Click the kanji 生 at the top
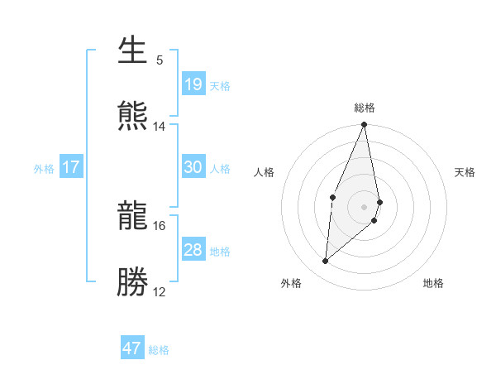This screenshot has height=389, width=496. click(x=133, y=51)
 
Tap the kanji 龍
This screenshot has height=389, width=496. click(x=133, y=217)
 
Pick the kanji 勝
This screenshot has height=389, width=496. click(x=133, y=282)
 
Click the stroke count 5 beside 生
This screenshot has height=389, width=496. click(x=160, y=60)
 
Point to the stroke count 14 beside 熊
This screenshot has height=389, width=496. click(x=160, y=127)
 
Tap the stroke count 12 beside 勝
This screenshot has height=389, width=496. click(x=160, y=292)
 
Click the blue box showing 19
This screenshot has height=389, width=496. click(x=193, y=84)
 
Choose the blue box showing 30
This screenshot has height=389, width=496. click(x=193, y=167)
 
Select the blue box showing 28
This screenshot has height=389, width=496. click(x=193, y=250)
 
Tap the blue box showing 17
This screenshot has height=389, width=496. click(x=71, y=167)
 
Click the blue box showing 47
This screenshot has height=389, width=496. click(x=132, y=348)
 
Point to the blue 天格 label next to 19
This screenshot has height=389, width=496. click(x=220, y=85)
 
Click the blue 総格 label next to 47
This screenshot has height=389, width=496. click(x=159, y=350)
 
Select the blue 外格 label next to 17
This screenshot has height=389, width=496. click(x=44, y=169)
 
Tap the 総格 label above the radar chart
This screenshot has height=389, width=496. click(x=365, y=108)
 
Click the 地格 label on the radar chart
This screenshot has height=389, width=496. click(x=433, y=283)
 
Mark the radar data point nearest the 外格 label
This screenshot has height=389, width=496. click(x=326, y=262)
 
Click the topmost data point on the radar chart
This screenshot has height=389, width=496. click(x=365, y=125)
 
